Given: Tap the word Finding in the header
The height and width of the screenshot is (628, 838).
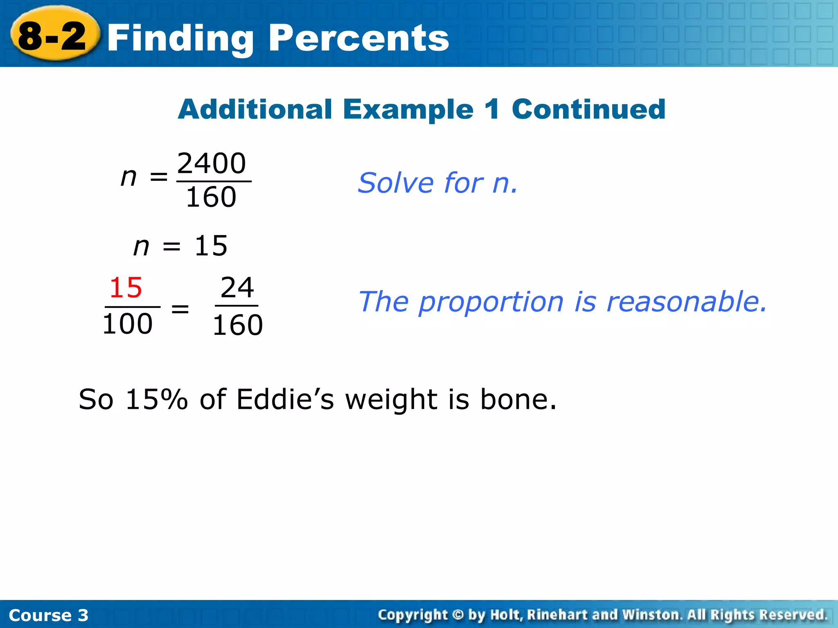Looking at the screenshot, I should click(x=180, y=39).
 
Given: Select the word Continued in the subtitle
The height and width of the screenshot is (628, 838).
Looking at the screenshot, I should click(x=588, y=110).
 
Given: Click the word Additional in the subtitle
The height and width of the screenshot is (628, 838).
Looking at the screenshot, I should click(x=255, y=110).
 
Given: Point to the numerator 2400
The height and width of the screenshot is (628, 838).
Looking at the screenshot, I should click(x=212, y=163).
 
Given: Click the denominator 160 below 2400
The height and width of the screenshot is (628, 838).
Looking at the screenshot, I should click(x=211, y=197).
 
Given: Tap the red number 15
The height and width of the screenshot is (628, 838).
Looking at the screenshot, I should click(x=126, y=288).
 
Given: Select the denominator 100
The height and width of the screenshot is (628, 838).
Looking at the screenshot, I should click(x=127, y=324).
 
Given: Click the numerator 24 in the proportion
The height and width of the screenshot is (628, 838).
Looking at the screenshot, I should click(x=237, y=288).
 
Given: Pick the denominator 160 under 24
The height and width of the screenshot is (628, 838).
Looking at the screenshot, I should click(x=237, y=325).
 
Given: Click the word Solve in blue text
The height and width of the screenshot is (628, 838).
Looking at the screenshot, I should click(x=395, y=183).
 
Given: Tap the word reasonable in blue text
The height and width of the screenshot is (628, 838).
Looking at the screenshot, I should click(x=686, y=302).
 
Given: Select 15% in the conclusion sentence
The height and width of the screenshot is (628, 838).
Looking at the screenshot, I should click(x=156, y=399).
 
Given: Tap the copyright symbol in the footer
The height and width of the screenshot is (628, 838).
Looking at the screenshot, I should click(x=458, y=615).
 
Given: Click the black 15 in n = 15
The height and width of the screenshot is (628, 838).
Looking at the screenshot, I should click(x=211, y=246).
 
